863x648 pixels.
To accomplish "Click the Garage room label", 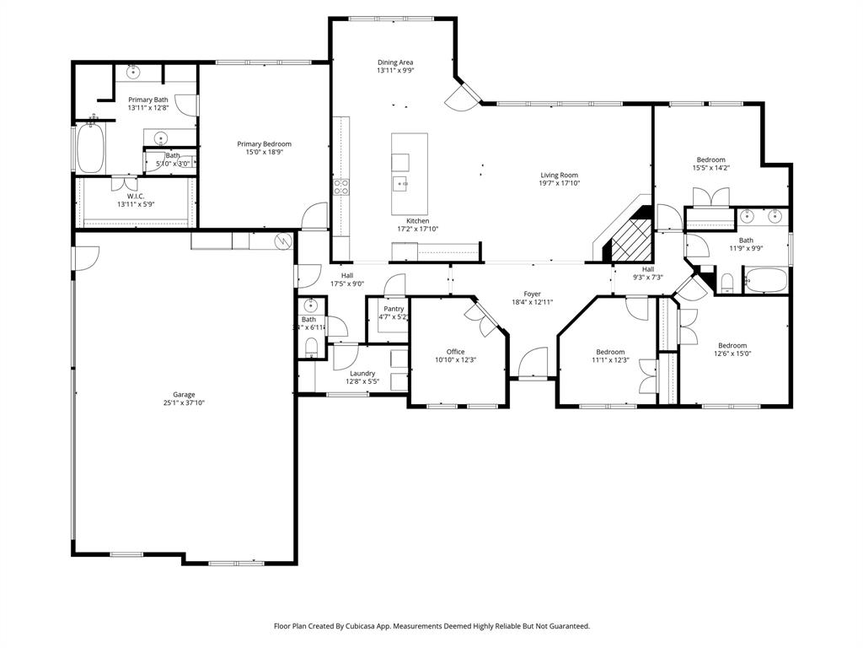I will click(184, 394).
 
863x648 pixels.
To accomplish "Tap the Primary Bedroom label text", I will click(264, 143).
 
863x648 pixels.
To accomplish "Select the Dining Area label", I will click(394, 62).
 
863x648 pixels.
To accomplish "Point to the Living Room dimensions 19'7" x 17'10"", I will click(560, 184).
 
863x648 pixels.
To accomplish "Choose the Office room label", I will click(455, 352).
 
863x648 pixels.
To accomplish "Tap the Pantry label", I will click(394, 309).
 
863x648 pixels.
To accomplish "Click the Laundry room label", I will click(362, 373).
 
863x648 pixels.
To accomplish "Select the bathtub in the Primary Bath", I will click(89, 149).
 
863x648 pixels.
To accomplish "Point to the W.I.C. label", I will click(136, 196).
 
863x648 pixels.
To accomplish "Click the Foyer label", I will click(532, 294).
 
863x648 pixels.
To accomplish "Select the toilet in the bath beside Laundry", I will click(309, 347).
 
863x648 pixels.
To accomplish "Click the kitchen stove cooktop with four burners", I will click(341, 186).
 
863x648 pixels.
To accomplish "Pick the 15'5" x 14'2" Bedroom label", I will click(710, 159).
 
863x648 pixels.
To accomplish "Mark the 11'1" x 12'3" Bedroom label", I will click(610, 352).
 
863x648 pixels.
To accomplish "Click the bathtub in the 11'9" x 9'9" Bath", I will click(765, 279).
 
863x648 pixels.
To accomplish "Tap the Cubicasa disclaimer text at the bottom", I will click(431, 626).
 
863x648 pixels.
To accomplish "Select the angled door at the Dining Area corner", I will click(463, 97).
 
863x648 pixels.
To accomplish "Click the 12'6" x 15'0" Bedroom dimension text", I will click(732, 354).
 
